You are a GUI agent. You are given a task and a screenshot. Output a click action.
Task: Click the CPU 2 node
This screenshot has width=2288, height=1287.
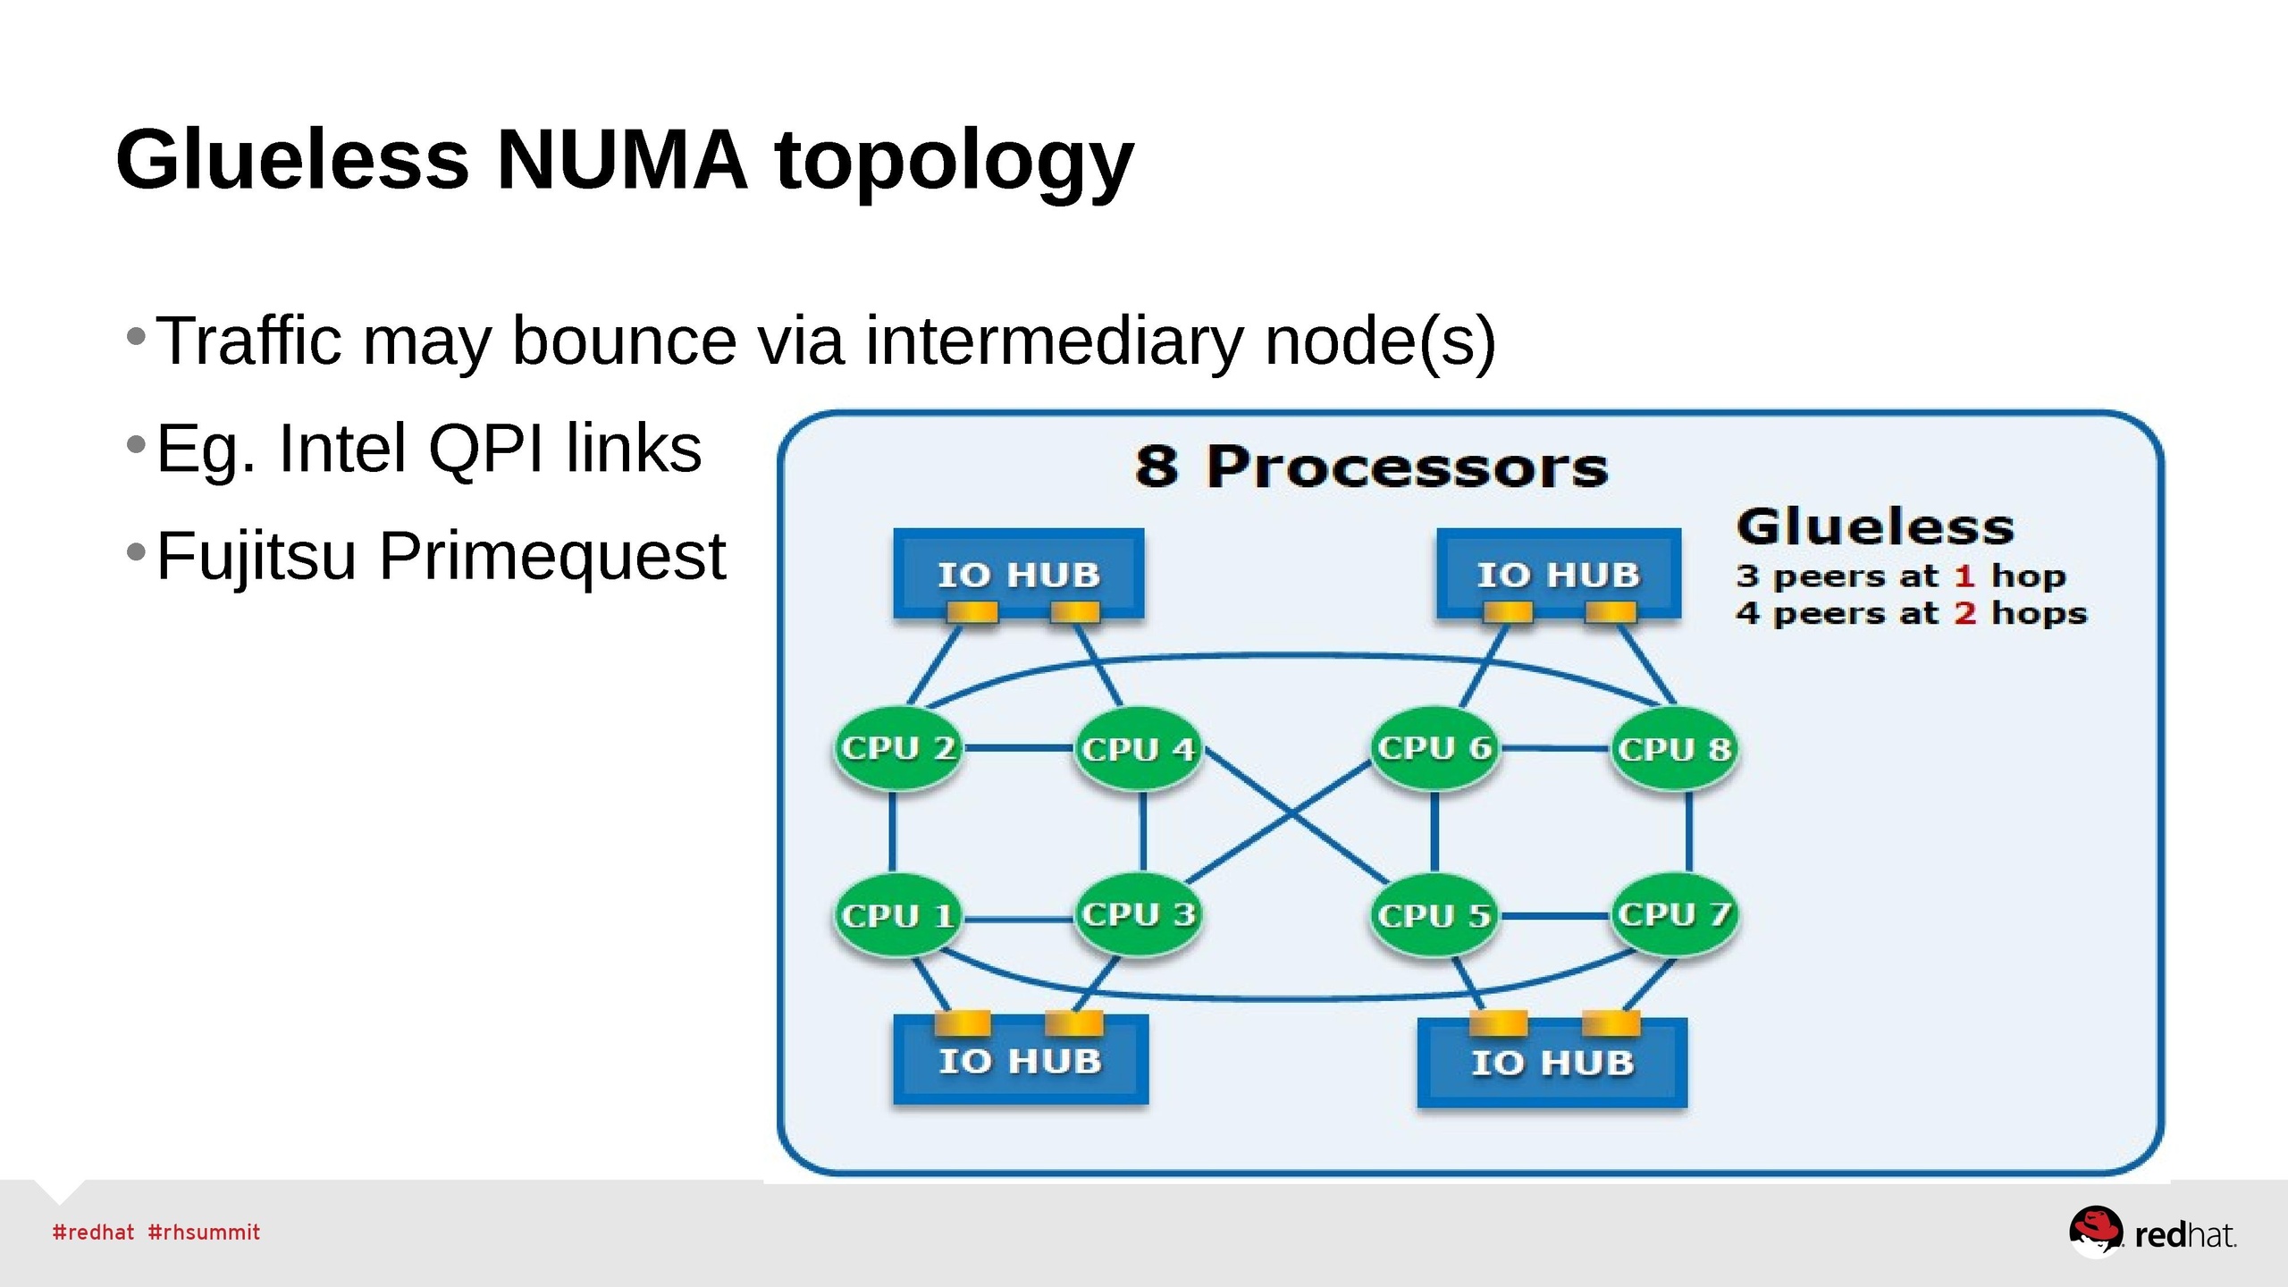897,748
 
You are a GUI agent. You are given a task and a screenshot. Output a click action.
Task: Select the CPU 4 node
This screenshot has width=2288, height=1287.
1138,748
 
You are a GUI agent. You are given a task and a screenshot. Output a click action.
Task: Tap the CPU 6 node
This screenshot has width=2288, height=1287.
1434,748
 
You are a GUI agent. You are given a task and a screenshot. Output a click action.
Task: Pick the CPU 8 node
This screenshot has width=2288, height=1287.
1674,748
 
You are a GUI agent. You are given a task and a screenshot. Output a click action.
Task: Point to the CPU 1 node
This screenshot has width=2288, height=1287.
897,915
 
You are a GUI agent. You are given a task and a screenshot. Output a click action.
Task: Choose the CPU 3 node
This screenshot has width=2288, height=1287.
1138,914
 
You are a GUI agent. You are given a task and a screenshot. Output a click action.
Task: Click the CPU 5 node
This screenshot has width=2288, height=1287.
1434,915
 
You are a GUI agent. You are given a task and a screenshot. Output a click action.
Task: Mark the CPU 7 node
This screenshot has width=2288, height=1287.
1674,914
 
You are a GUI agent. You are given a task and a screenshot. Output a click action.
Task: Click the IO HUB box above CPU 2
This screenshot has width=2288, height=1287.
1019,573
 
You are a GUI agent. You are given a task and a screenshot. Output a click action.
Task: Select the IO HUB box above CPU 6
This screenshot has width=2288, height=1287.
1559,573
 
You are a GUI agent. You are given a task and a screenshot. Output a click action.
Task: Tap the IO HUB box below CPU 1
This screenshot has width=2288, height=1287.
1021,1061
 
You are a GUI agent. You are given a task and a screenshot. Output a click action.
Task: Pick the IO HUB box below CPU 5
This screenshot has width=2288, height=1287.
1552,1063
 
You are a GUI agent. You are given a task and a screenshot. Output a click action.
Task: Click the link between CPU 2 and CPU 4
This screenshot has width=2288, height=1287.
1018,747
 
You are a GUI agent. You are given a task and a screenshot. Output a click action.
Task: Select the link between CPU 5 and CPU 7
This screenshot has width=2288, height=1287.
1554,916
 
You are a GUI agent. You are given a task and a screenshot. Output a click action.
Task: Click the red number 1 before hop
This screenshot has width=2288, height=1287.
1964,576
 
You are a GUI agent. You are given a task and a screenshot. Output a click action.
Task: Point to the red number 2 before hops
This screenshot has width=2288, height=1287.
1964,614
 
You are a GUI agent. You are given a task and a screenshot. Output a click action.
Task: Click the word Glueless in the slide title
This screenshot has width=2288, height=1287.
292,161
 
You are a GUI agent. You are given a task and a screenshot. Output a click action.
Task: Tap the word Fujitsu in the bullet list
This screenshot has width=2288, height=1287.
256,556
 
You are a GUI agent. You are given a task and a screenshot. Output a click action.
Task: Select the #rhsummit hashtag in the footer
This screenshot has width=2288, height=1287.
204,1232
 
